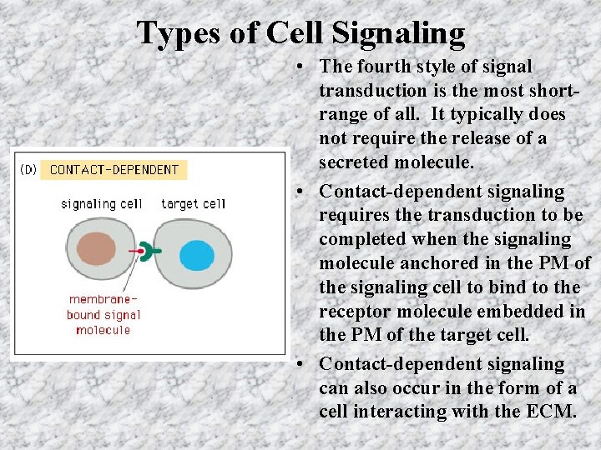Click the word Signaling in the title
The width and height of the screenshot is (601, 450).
pos(398,32)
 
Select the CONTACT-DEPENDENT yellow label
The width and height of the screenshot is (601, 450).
pos(114,170)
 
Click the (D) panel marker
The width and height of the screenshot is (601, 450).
pos(28,170)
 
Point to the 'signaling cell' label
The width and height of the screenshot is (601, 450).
pos(101,203)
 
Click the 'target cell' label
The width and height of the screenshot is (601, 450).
pos(193,203)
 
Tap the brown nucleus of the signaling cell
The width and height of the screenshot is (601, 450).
pos(96,250)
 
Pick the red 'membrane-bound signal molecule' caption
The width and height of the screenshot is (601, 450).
pos(104,314)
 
